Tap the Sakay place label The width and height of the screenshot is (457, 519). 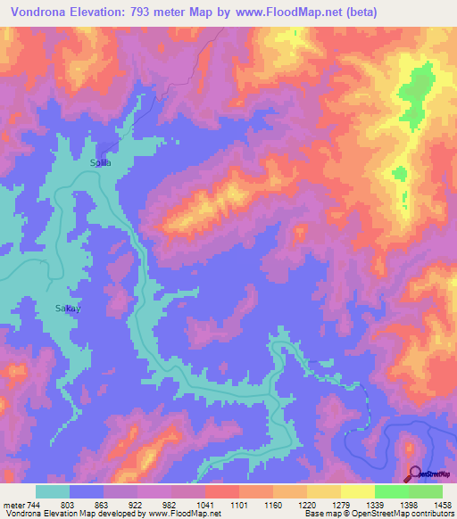tap(55, 309)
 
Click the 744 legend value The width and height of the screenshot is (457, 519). tap(31, 505)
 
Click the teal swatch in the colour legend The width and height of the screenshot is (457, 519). tap(53, 491)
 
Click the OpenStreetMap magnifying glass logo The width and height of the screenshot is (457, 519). tap(413, 473)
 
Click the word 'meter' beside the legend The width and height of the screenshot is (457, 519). tap(12, 505)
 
